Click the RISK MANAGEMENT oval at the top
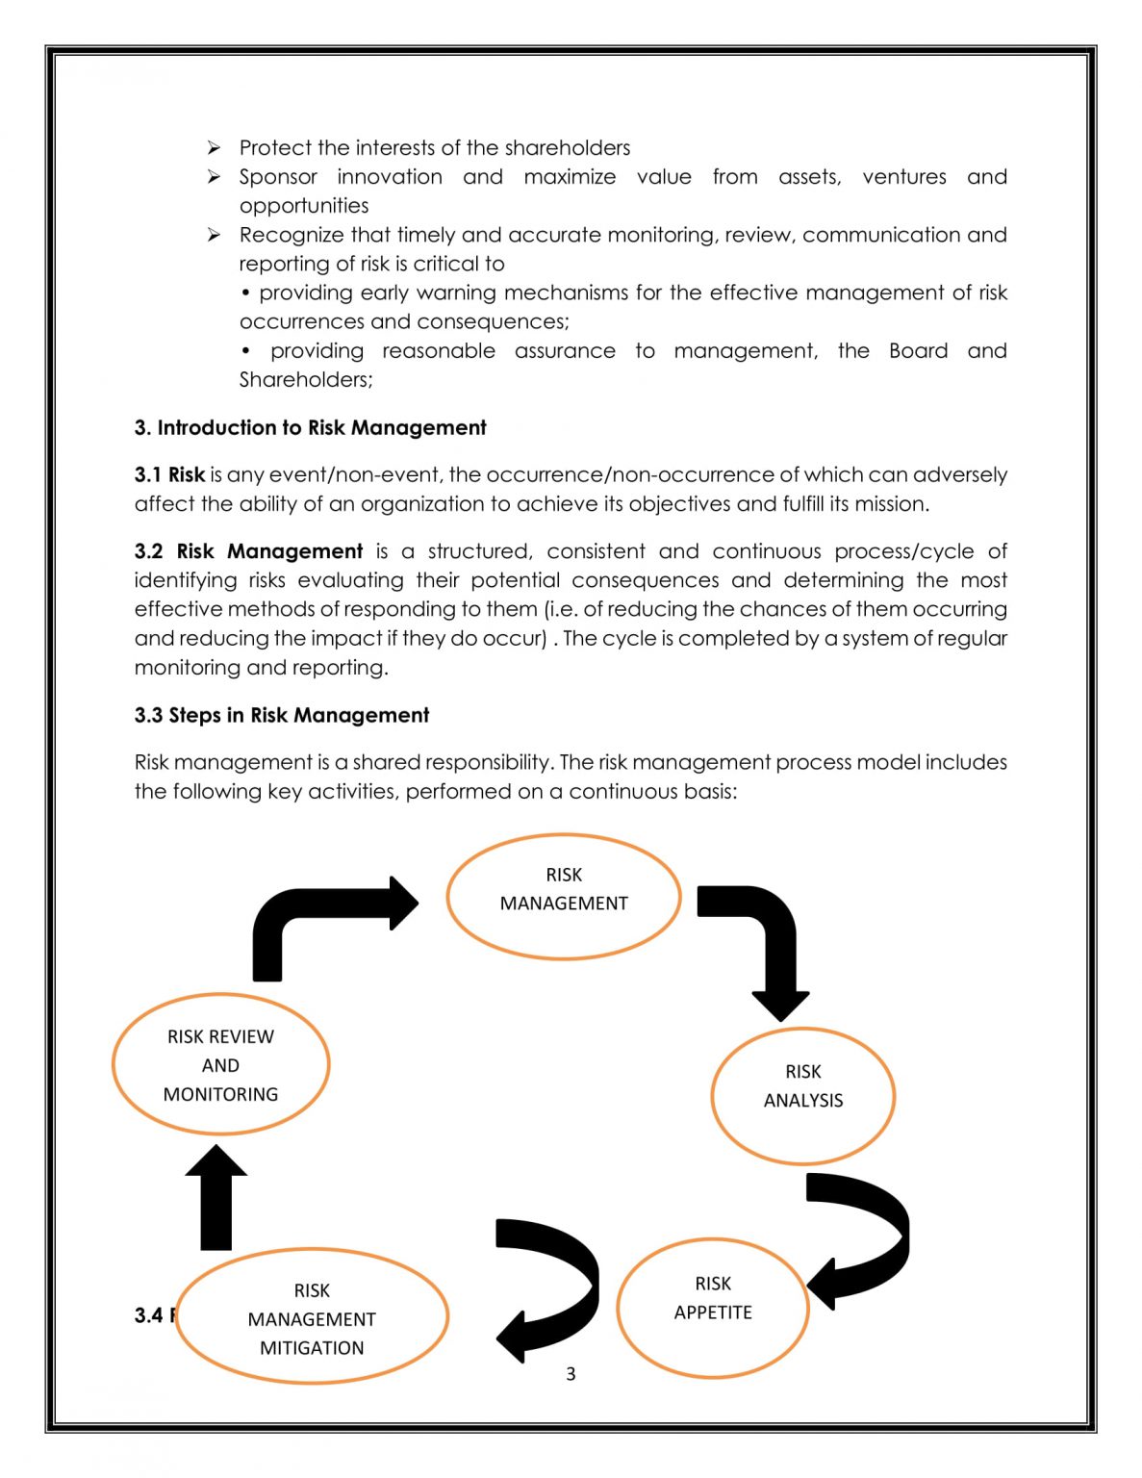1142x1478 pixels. pos(564,896)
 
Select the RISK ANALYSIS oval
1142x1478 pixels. pos(803,1096)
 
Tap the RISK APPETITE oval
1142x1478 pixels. pos(712,1307)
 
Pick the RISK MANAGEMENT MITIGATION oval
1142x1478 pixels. pos(312,1316)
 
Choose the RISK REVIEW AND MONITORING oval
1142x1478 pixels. pos(220,1064)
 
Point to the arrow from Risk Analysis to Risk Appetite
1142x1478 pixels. pos(866,1236)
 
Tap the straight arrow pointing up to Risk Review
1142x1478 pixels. pos(216,1198)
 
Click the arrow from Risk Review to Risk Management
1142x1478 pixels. pos(317,914)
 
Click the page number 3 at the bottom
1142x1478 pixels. pos(571,1374)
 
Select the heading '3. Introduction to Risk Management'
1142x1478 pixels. pos(310,427)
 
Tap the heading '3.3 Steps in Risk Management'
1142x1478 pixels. pos(281,715)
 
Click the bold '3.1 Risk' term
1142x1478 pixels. pos(169,474)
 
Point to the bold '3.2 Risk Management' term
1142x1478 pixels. pos(248,551)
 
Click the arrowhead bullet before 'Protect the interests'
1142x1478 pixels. pos(215,147)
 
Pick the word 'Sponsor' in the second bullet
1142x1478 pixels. pos(278,177)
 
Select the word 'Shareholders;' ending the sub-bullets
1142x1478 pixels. pos(306,379)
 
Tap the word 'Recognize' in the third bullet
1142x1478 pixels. pos(291,235)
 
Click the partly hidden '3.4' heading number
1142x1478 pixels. pos(149,1315)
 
